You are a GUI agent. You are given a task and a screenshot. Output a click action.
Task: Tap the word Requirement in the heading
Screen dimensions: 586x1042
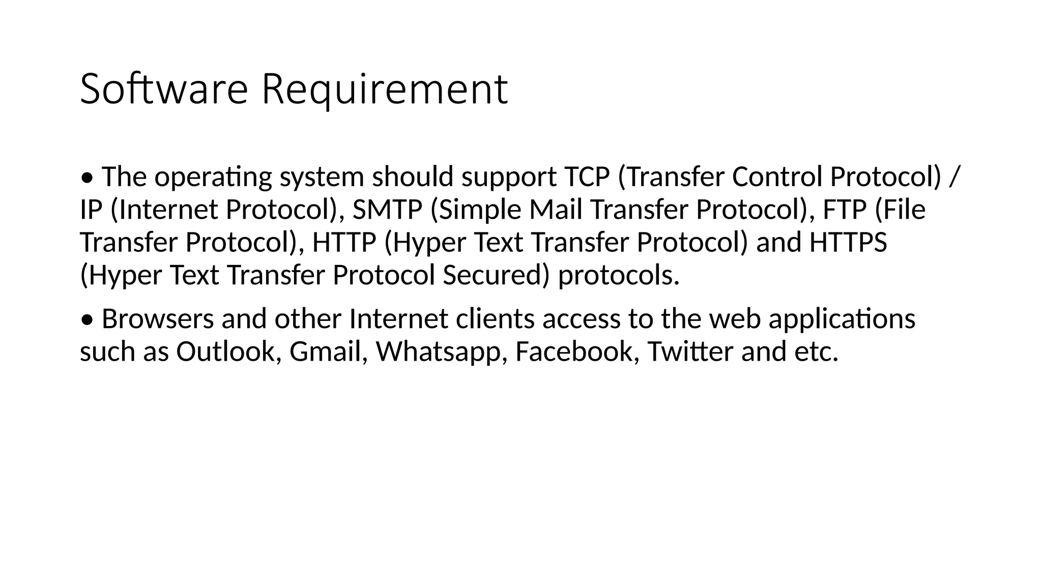point(385,90)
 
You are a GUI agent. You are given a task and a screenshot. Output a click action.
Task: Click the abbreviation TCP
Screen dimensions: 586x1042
point(587,177)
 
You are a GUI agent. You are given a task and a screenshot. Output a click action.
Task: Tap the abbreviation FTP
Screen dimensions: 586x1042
point(845,210)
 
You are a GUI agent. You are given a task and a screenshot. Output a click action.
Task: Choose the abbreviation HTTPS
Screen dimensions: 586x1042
point(848,242)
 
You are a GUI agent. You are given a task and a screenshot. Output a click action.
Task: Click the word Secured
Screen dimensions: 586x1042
point(496,275)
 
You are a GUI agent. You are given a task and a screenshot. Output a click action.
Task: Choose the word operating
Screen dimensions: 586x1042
point(213,178)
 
